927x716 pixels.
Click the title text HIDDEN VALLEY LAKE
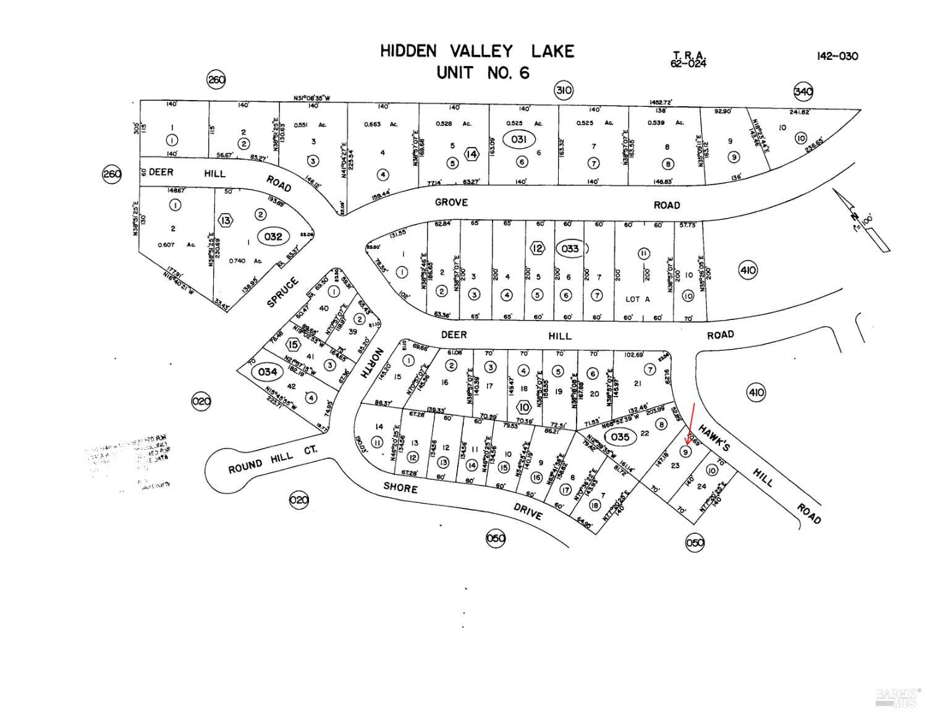pyautogui.click(x=476, y=51)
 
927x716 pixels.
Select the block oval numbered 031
pyautogui.click(x=519, y=140)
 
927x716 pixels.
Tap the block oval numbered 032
pyautogui.click(x=273, y=236)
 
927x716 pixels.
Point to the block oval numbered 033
pyautogui.click(x=569, y=248)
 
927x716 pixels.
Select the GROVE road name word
pyautogui.click(x=451, y=202)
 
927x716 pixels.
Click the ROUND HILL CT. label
pyautogui.click(x=273, y=458)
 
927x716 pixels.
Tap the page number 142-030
pyautogui.click(x=837, y=56)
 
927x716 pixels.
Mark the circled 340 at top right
pyautogui.click(x=803, y=91)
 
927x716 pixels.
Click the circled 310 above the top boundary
pyautogui.click(x=563, y=91)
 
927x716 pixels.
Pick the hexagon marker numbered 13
pyautogui.click(x=226, y=220)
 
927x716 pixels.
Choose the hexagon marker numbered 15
pyautogui.click(x=293, y=345)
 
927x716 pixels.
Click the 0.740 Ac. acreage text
pyautogui.click(x=245, y=261)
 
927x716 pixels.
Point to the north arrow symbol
pyautogui.click(x=861, y=219)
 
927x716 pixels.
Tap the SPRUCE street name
pyautogui.click(x=283, y=293)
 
